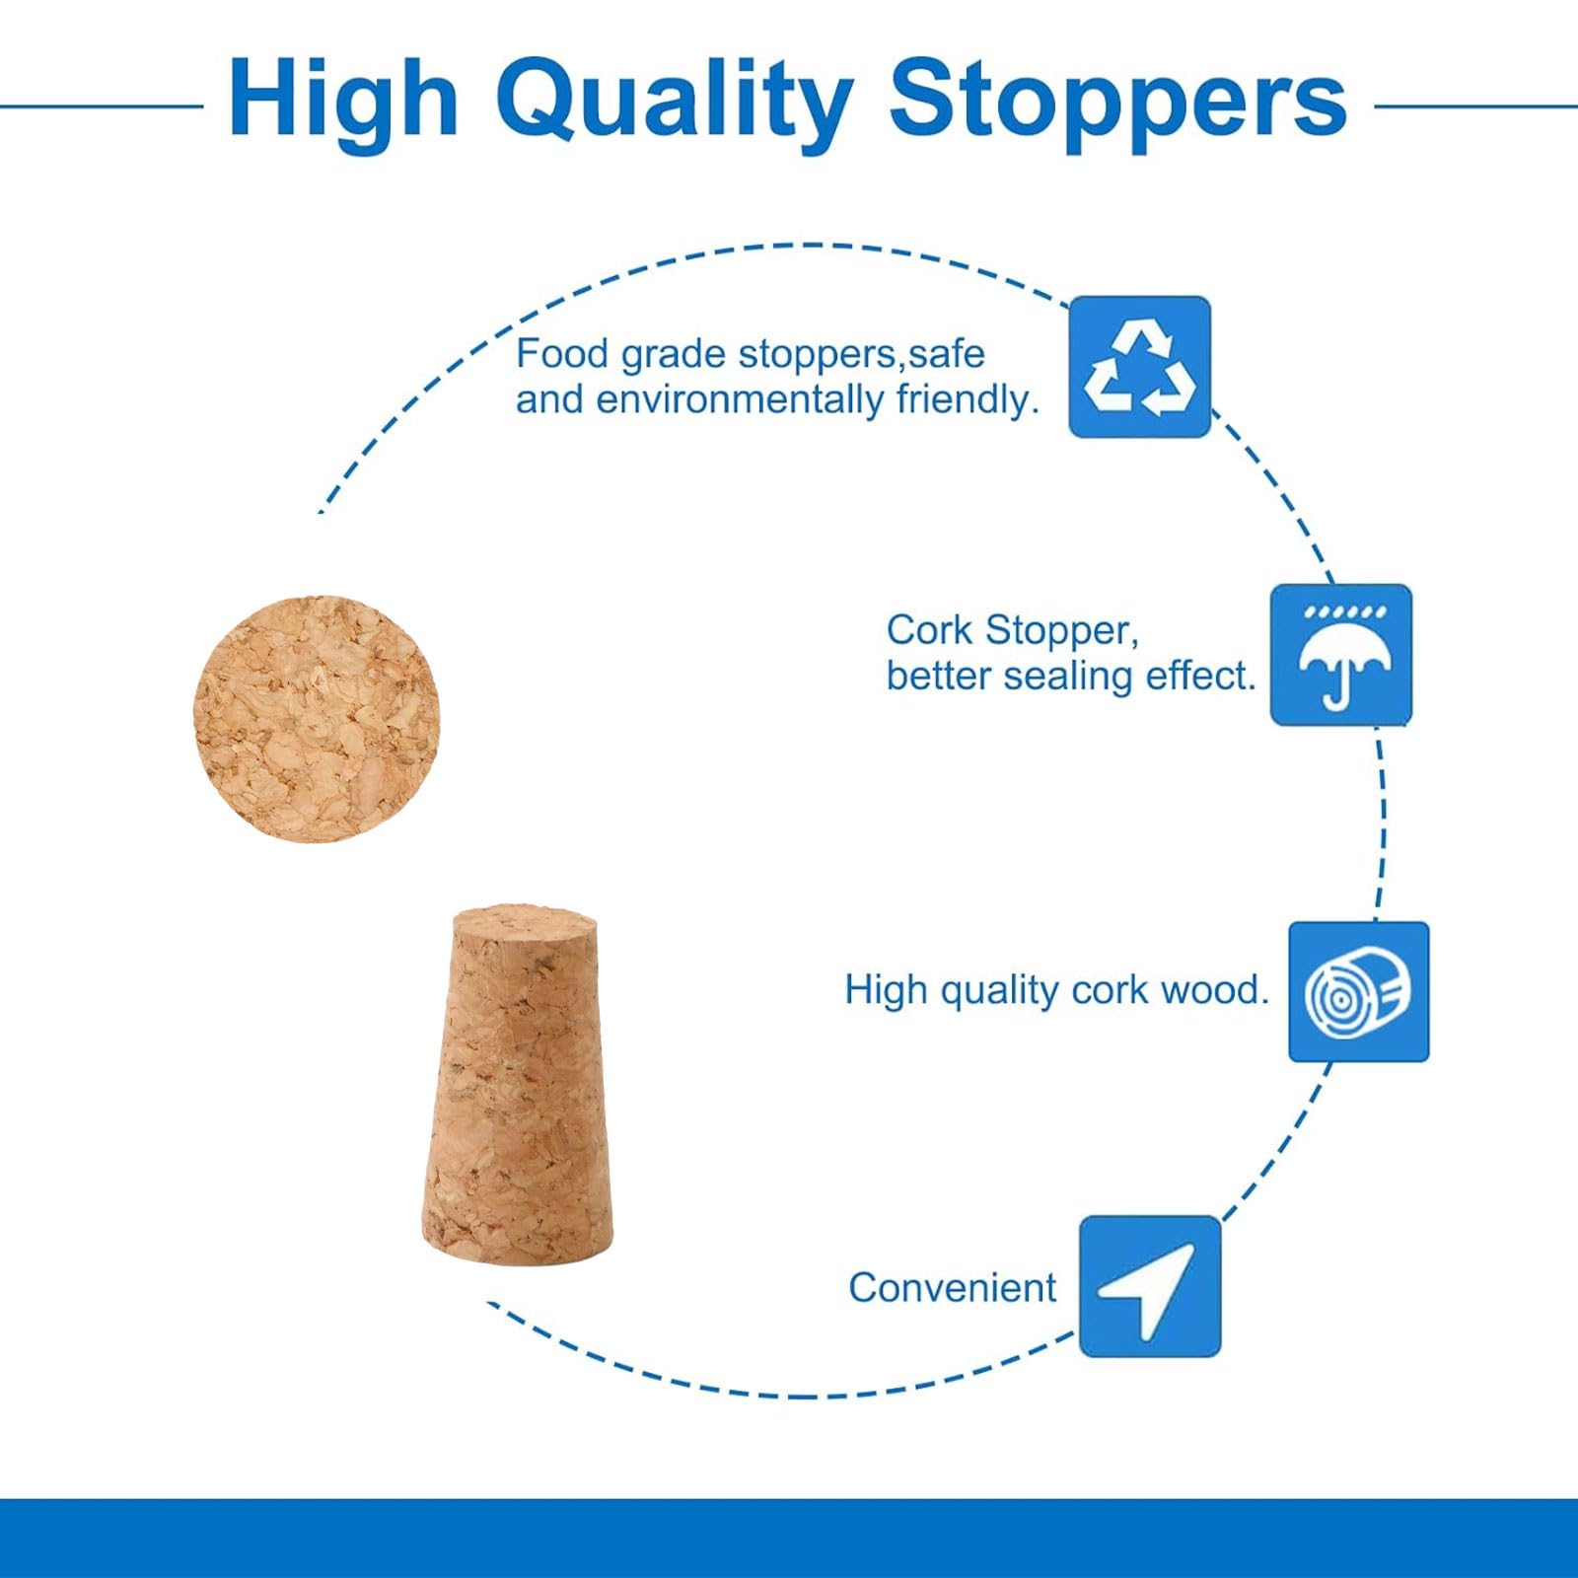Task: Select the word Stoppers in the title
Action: pos(1118,99)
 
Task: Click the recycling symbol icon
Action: pos(1140,367)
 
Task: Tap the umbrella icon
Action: pos(1341,655)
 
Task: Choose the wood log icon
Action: pos(1359,991)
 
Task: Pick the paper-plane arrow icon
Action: pos(1150,1286)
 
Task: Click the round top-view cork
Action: pos(317,719)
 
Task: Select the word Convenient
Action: pos(952,1287)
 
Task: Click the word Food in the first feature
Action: pos(561,353)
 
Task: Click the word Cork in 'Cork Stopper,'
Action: pos(929,630)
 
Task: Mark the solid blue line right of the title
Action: pos(1475,106)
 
